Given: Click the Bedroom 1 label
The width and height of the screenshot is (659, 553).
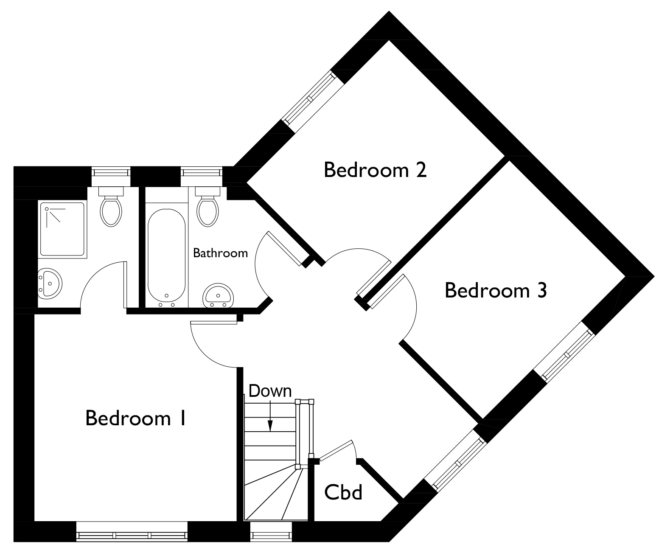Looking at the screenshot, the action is (136, 418).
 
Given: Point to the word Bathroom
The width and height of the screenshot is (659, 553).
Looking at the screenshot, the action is (220, 253).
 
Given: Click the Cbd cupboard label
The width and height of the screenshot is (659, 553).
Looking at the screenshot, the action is (343, 492).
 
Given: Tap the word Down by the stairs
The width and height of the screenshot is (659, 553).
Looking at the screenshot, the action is (270, 391).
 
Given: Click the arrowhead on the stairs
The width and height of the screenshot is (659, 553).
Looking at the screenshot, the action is (270, 426).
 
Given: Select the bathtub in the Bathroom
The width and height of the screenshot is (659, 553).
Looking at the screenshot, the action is (166, 255).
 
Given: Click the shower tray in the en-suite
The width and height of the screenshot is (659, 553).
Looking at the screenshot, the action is (62, 229).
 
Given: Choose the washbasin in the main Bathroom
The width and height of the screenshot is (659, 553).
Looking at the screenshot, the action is (219, 295).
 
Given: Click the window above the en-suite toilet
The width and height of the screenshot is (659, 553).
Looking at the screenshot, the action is (111, 172).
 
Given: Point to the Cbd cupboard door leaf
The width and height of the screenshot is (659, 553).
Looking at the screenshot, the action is (336, 451).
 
